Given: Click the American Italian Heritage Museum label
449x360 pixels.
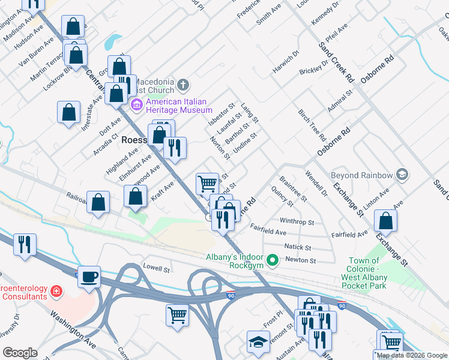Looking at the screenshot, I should coord(179,106).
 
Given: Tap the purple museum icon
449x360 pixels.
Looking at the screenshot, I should coord(137,106).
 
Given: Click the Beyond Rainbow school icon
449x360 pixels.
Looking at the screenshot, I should coord(402,175).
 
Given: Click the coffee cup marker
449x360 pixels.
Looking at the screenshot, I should coord(89,276).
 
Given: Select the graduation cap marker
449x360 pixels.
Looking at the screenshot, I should coord(259,341).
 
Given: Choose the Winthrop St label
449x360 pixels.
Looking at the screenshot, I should coord(297,222).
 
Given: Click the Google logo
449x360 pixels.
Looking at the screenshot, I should coord(20,352).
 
